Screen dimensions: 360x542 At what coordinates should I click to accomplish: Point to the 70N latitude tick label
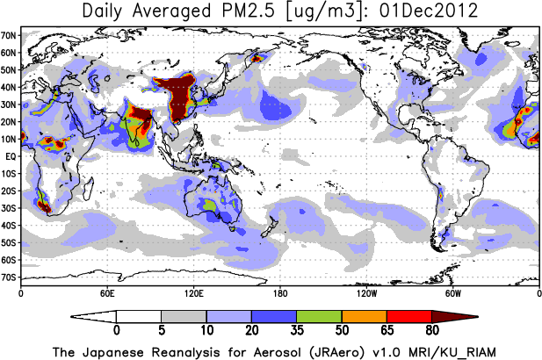pos(10,34)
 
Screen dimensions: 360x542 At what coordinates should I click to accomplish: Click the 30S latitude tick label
pos(10,207)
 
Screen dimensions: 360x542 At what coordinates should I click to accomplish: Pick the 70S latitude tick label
pos(10,277)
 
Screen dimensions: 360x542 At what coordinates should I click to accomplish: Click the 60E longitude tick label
pos(107,292)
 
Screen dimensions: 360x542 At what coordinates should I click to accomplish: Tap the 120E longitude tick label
pos(193,292)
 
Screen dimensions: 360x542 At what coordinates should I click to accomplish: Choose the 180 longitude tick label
pos(280,292)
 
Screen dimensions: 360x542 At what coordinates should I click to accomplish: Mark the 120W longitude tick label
pos(366,292)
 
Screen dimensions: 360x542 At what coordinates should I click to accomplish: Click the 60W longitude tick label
pos(452,292)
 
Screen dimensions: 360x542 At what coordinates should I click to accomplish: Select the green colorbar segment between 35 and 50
pos(319,316)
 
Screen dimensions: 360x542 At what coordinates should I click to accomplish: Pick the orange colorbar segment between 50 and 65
pos(364,316)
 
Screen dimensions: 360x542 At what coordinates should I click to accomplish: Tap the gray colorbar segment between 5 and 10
pos(184,316)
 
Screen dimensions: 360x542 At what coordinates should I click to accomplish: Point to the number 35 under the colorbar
pos(296,332)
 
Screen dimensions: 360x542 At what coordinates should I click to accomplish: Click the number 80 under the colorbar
pos(431,332)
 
